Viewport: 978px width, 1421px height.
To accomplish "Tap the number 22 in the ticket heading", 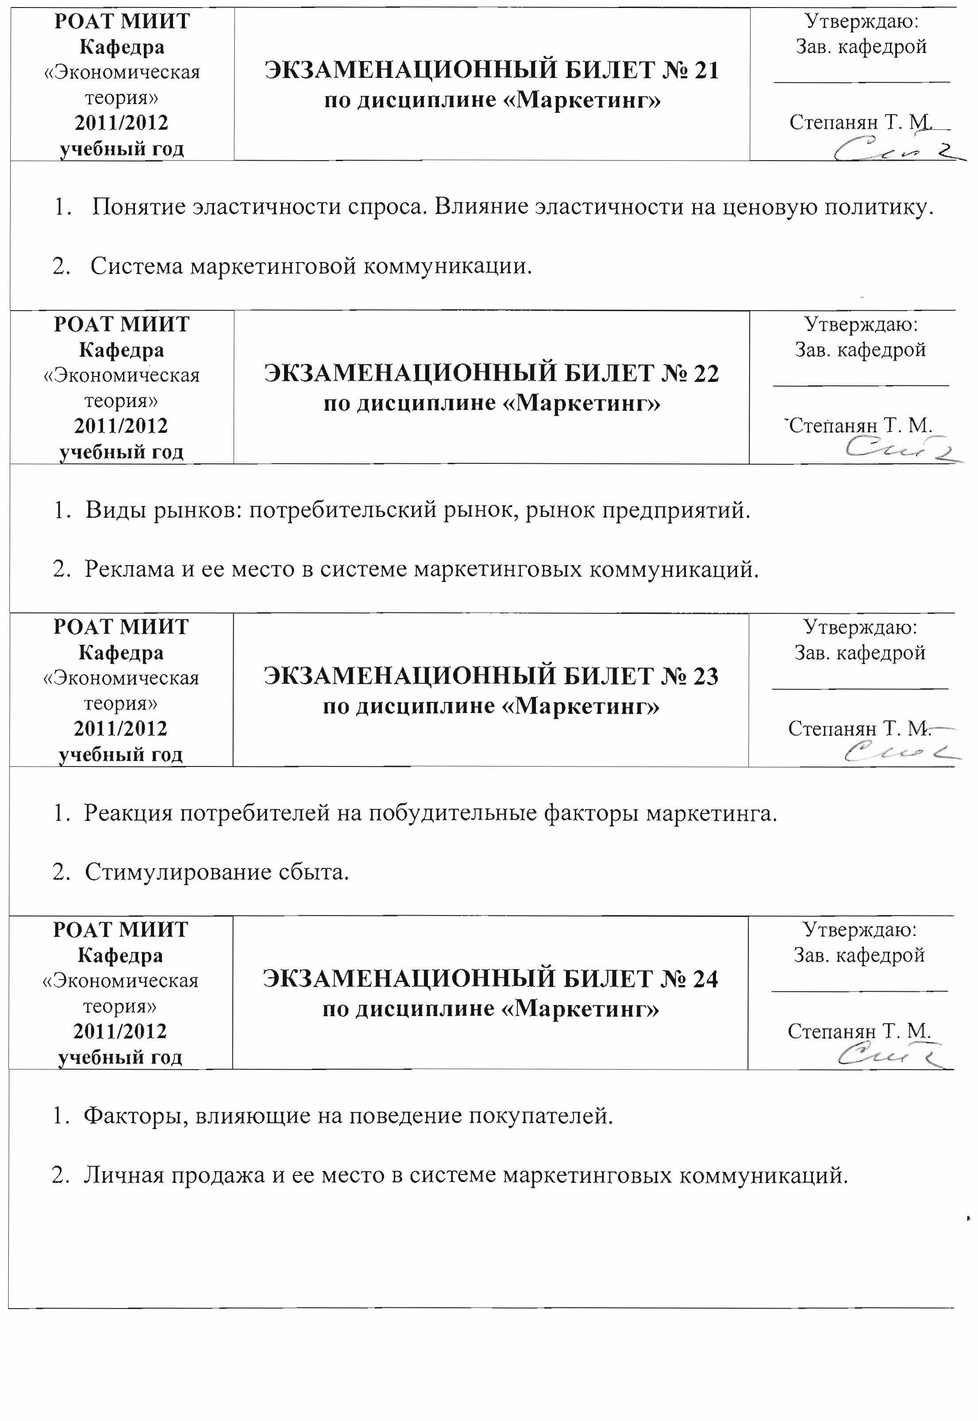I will coord(706,374).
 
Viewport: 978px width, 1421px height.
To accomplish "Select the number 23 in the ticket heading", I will coord(705,677).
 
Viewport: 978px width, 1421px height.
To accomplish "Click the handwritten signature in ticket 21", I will coord(895,149).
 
